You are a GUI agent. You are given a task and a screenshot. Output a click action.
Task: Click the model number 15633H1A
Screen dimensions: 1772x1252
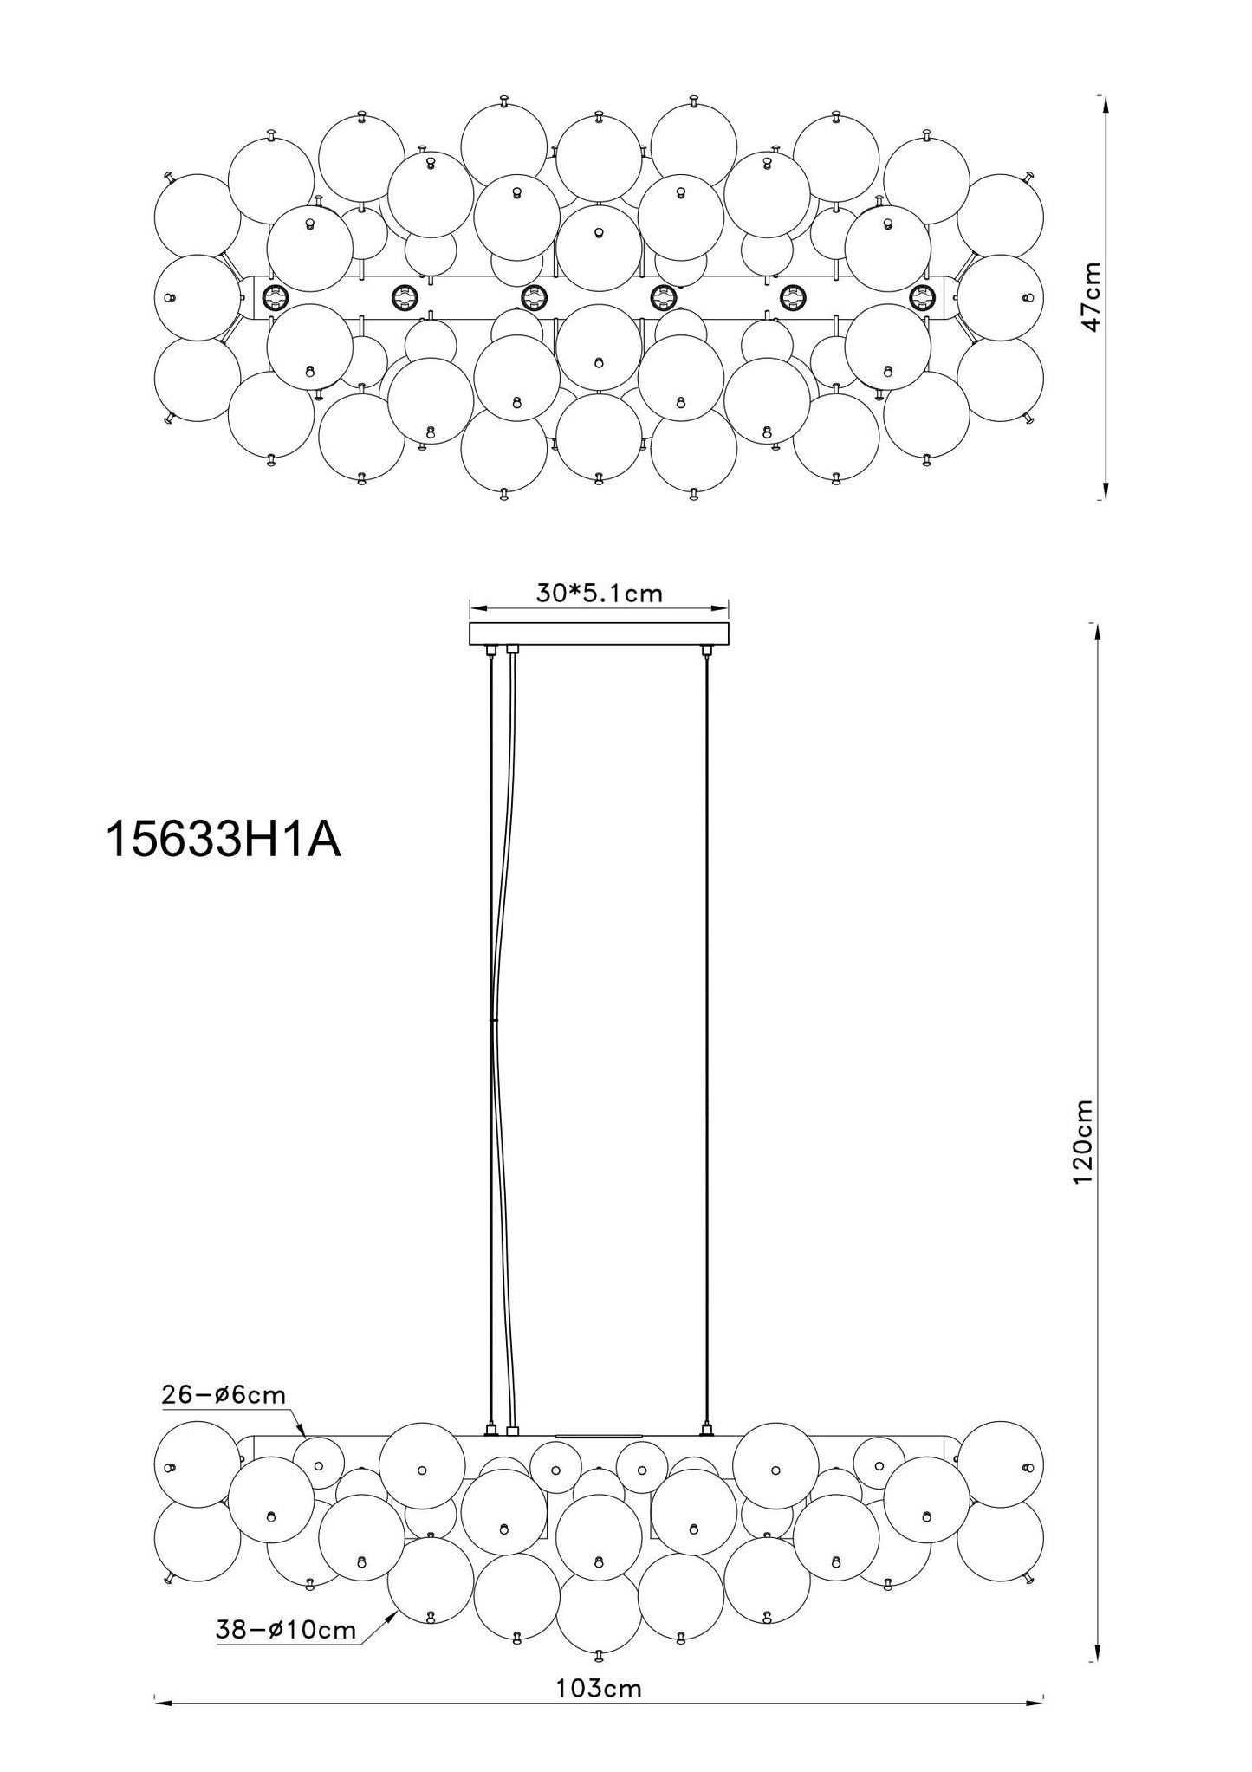pyautogui.click(x=223, y=840)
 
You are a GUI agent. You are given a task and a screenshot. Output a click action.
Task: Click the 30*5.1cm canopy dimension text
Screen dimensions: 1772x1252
pyautogui.click(x=599, y=594)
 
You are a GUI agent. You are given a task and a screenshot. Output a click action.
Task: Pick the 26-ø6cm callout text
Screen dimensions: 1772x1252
pyautogui.click(x=224, y=1394)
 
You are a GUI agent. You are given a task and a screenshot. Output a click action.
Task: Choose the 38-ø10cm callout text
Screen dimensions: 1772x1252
pyautogui.click(x=286, y=1630)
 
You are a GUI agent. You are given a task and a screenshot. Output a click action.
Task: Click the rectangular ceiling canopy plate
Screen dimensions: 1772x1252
pyautogui.click(x=599, y=634)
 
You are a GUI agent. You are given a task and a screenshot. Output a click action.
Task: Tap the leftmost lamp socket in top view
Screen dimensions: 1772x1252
pyautogui.click(x=276, y=298)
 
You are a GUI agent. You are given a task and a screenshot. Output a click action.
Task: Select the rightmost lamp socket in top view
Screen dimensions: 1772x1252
pyautogui.click(x=922, y=298)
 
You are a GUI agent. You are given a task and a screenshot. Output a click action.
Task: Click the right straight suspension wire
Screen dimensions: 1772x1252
pyautogui.click(x=707, y=1040)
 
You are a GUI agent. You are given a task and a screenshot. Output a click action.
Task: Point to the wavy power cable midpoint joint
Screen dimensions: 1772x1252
pyautogui.click(x=493, y=1022)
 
